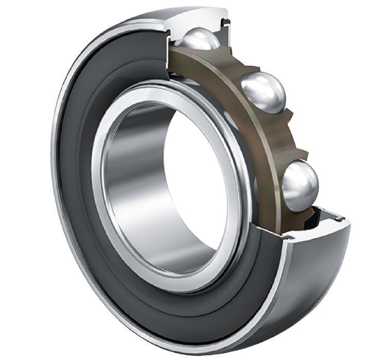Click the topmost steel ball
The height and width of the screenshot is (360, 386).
coord(201,39)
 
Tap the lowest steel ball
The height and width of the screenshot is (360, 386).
coord(300,185)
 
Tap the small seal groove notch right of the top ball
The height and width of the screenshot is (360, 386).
coord(225,22)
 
